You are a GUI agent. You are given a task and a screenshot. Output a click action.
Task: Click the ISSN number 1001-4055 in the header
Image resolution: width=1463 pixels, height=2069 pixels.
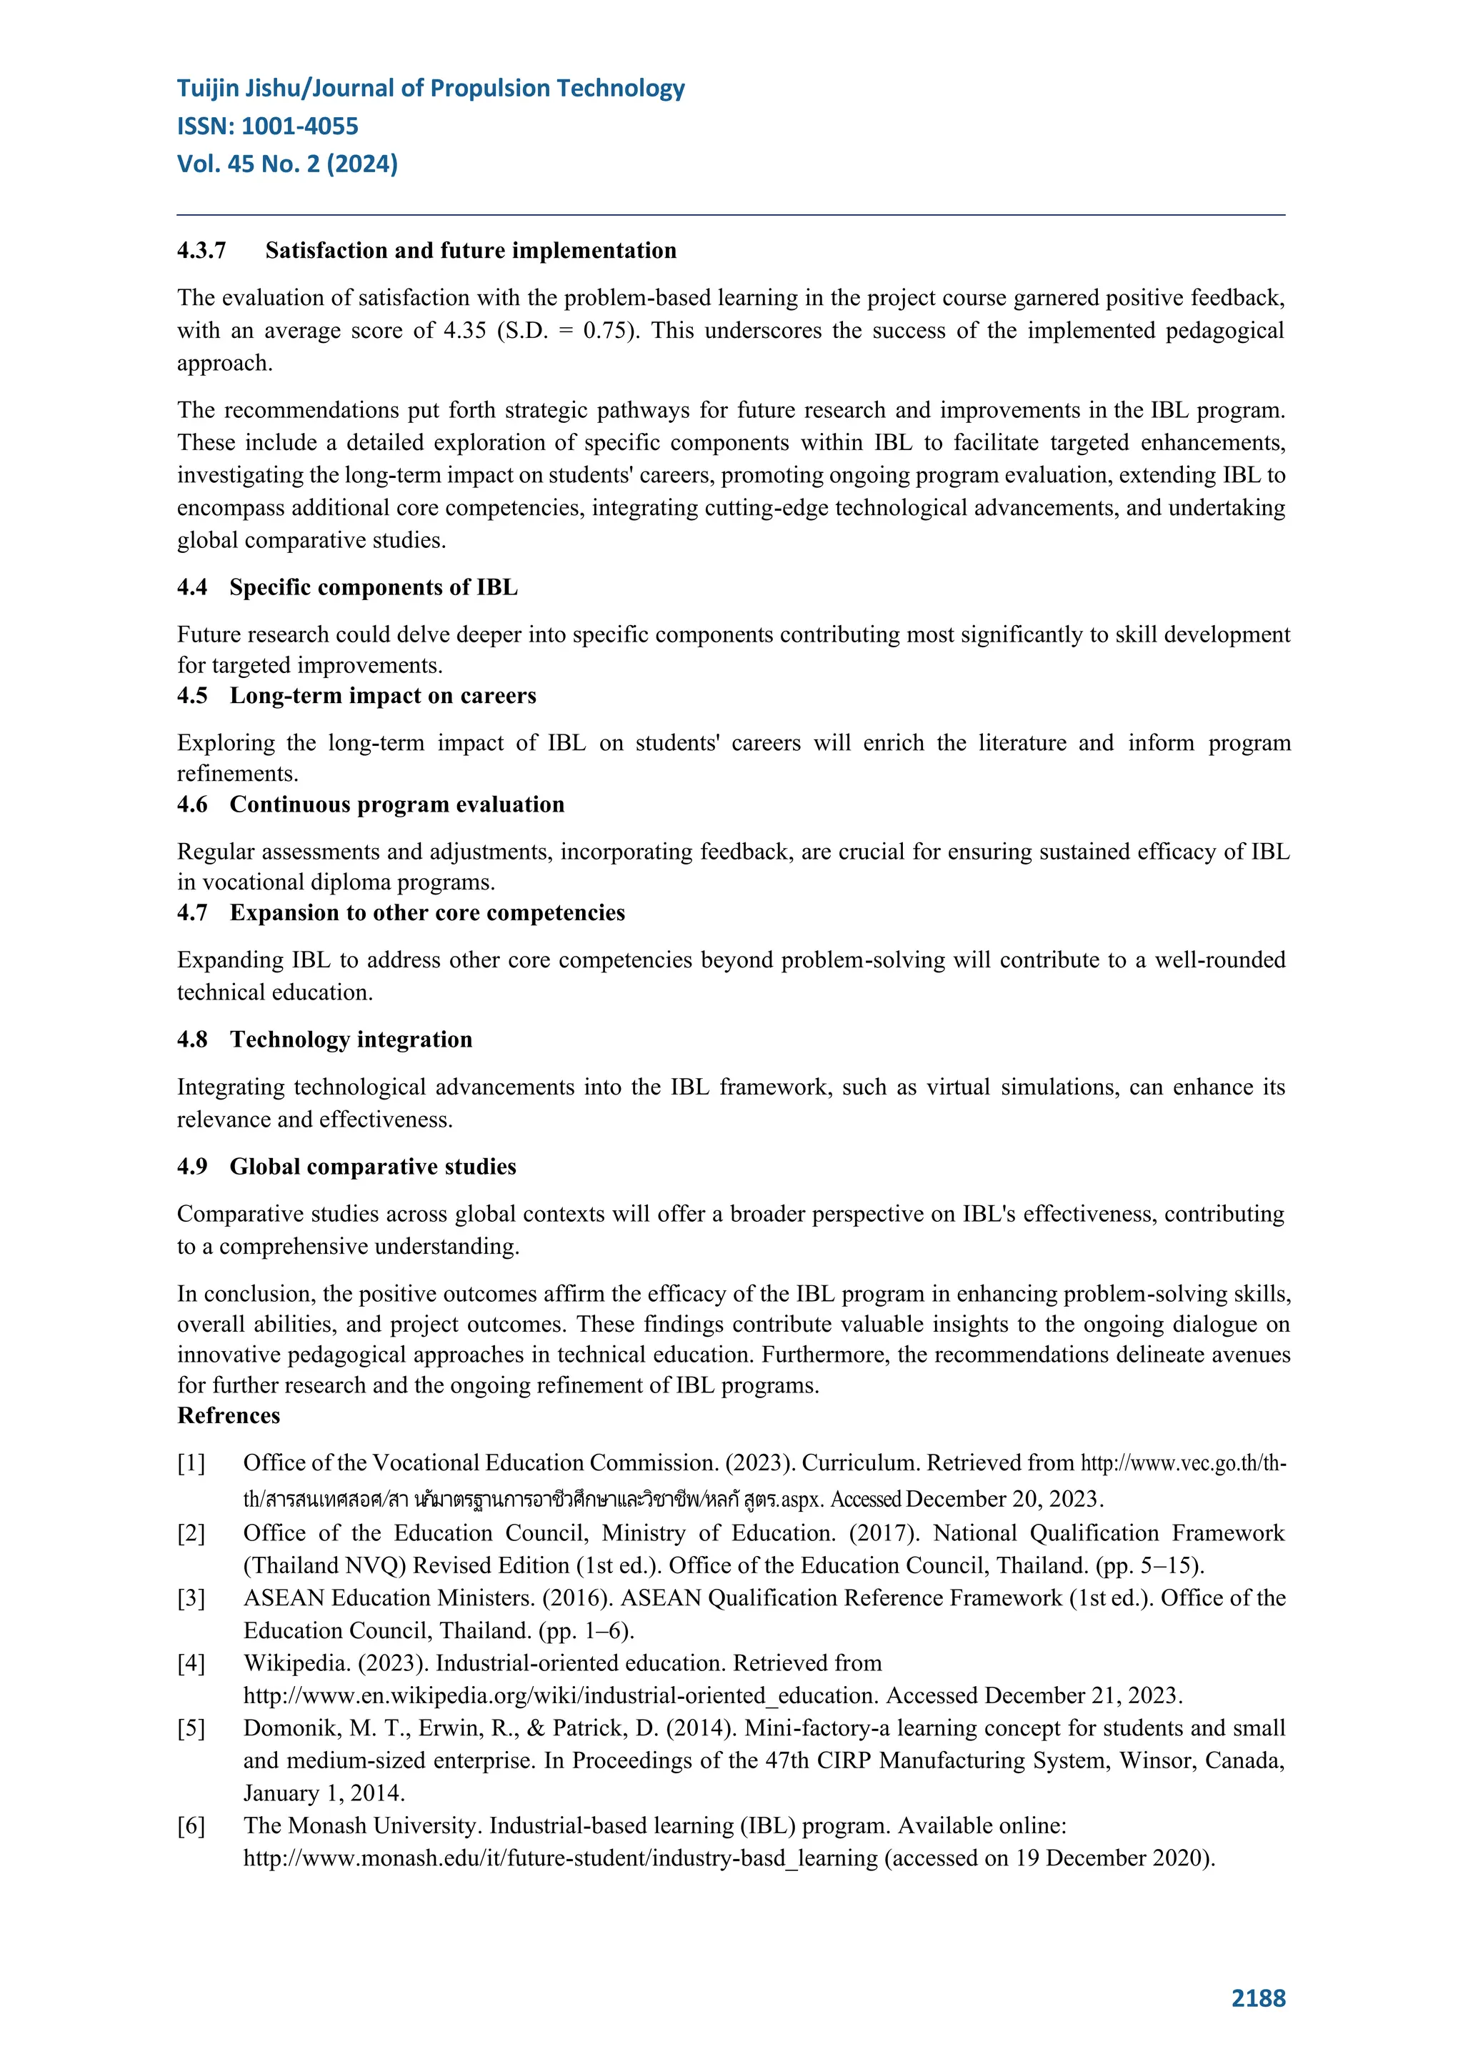tap(299, 126)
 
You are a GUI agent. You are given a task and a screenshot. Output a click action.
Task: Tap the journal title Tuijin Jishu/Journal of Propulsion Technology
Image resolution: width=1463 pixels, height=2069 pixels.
tap(431, 89)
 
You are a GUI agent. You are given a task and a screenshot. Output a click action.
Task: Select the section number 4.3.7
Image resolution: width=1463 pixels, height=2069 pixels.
tap(201, 251)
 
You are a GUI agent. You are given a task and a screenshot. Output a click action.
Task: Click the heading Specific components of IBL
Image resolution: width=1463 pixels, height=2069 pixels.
tap(373, 587)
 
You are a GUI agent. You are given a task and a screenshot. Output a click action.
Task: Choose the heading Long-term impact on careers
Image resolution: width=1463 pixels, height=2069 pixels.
tap(382, 696)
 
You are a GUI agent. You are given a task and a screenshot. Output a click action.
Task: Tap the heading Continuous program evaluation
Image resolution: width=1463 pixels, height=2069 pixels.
tap(396, 804)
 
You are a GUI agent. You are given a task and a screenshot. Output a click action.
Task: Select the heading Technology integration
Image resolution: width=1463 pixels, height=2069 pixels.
tap(351, 1040)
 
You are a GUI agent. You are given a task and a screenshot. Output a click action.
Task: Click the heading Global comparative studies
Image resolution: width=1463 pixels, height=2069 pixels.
tap(372, 1167)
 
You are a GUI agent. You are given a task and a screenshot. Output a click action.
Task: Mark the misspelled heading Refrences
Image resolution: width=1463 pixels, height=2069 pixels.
tap(228, 1416)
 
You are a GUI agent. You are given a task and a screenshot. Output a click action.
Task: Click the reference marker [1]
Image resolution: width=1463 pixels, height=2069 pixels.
tap(191, 1463)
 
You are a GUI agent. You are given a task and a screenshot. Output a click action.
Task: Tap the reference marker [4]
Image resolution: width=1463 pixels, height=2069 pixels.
tap(191, 1663)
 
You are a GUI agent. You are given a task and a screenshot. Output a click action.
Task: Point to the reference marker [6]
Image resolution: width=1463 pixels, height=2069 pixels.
tap(191, 1825)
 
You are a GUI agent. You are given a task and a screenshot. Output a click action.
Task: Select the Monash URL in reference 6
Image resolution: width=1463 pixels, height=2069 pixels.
tap(559, 1858)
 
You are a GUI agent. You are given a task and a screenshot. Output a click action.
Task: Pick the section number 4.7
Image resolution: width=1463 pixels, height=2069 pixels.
tap(192, 913)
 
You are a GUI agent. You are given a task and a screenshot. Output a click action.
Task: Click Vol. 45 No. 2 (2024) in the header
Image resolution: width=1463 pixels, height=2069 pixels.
tap(287, 164)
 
